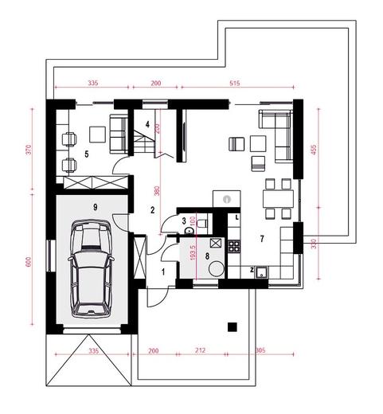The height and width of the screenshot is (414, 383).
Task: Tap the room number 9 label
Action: pyautogui.click(x=95, y=207)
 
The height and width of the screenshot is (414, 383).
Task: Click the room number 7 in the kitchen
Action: pyautogui.click(x=260, y=238)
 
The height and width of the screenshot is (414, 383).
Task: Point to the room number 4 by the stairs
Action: pyautogui.click(x=147, y=123)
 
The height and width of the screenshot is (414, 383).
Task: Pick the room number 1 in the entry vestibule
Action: pyautogui.click(x=164, y=271)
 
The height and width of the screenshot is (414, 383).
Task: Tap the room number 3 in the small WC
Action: pyautogui.click(x=183, y=221)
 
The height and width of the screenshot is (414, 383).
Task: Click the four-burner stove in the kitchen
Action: pyautogui.click(x=234, y=246)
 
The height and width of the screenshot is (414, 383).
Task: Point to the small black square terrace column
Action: pyautogui.click(x=232, y=325)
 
